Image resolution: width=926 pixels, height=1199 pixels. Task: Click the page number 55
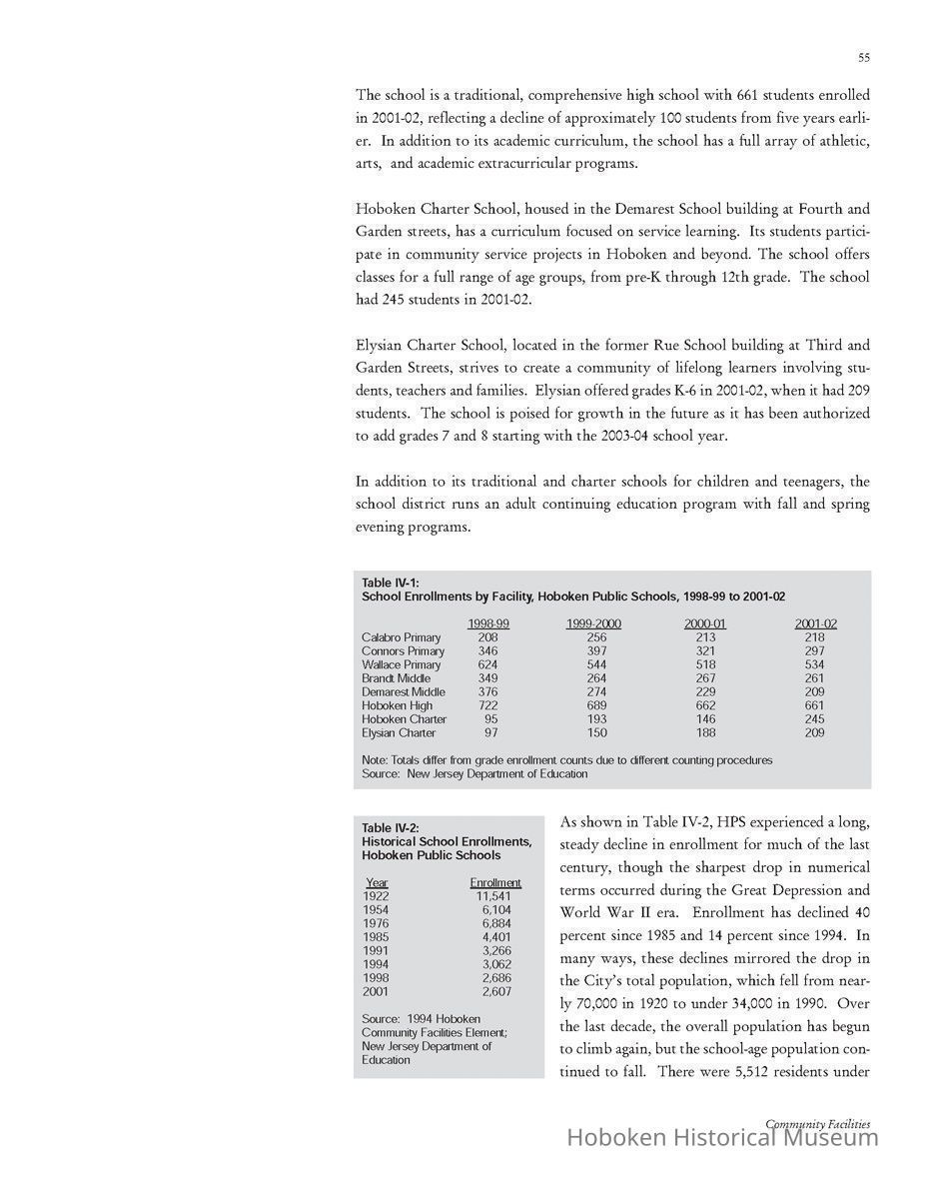coord(863,58)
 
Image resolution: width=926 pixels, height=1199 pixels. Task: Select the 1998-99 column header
coord(488,623)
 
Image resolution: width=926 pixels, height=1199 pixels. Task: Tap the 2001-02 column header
coord(815,623)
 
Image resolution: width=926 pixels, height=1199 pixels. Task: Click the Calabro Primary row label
coord(401,637)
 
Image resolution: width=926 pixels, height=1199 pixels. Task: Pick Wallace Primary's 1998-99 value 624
coord(488,664)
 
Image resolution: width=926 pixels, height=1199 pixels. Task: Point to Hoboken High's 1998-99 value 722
coord(488,705)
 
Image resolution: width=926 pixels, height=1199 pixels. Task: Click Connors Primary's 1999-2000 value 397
coord(596,650)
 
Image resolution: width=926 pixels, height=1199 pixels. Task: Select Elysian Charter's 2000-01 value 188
coord(705,732)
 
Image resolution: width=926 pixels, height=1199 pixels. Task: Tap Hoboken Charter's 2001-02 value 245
coord(815,718)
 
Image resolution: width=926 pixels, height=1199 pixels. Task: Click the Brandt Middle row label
coord(396,678)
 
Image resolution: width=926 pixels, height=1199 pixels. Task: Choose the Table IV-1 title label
coord(391,583)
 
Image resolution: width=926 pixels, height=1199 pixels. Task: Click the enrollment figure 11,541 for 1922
coord(496,896)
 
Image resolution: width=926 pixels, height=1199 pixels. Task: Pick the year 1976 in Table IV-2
coord(376,923)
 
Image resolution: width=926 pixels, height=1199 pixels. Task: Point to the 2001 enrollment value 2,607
coord(496,991)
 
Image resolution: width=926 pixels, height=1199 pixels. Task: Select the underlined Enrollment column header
coord(495,882)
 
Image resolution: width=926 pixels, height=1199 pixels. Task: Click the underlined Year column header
coord(377,882)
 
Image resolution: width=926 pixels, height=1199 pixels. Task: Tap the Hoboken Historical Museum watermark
coord(722,1137)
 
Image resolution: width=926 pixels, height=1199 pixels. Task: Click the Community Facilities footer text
coord(817,1124)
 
